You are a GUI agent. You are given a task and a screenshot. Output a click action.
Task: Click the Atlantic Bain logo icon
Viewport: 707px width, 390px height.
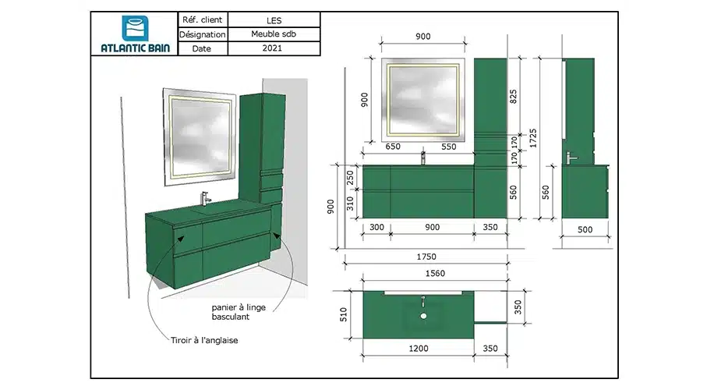(135, 28)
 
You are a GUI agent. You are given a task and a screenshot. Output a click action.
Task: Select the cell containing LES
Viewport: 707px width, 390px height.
(274, 19)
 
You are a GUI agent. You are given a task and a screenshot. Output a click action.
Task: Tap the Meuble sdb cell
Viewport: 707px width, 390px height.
(274, 34)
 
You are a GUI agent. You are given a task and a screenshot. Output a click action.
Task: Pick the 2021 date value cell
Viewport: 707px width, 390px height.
(274, 48)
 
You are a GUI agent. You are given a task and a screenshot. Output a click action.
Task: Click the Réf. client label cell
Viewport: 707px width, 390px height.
(203, 19)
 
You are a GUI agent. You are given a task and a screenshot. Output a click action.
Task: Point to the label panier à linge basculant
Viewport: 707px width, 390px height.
(239, 312)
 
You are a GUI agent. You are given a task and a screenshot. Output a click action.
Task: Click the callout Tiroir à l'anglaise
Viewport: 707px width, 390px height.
(204, 340)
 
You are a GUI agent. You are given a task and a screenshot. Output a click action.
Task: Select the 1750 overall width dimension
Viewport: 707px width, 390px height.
(426, 257)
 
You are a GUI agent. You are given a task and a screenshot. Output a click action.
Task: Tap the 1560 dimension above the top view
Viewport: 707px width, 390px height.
(435, 273)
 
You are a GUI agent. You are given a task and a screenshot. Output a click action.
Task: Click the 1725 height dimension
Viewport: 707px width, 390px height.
(533, 138)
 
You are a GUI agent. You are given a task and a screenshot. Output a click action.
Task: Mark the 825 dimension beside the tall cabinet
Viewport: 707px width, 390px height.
(513, 96)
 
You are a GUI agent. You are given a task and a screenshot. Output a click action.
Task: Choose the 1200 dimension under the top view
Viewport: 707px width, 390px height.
(419, 349)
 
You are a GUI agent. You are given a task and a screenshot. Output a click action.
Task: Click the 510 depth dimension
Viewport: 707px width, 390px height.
(344, 314)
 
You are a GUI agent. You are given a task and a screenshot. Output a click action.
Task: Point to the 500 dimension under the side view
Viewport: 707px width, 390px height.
(585, 230)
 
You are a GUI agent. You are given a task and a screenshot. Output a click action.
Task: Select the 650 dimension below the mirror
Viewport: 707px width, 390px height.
(393, 147)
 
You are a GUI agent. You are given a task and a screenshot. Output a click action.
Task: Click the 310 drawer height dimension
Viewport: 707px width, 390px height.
(350, 204)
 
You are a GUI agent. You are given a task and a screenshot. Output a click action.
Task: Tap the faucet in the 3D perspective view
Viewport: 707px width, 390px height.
(205, 198)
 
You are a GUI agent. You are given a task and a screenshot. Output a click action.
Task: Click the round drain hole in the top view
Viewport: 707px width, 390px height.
(423, 317)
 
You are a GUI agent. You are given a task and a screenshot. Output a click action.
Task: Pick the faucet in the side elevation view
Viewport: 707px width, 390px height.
(571, 158)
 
